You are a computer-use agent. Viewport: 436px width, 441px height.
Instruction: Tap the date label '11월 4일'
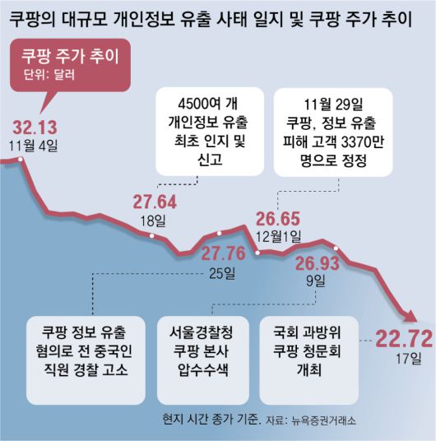click(35, 146)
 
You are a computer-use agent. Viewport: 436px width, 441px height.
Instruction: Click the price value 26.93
click(318, 264)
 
